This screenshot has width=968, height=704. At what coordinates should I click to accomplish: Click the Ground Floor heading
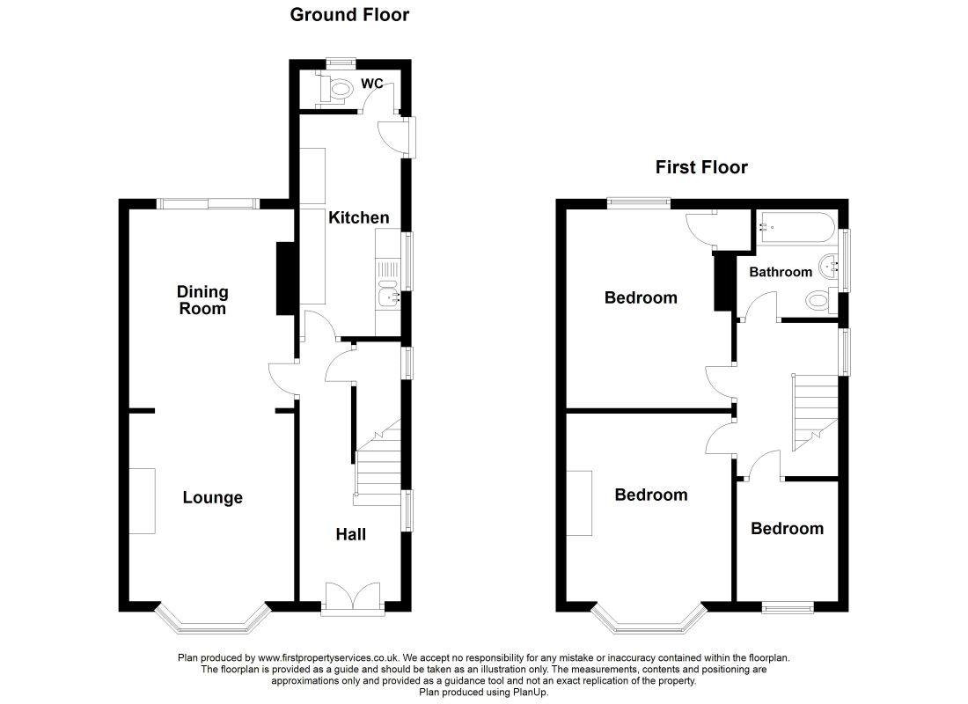(x=349, y=15)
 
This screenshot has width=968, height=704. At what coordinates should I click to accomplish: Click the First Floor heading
(x=701, y=167)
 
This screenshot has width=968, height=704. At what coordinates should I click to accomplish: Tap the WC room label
(x=371, y=84)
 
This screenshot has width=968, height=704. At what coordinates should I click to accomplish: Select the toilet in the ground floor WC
(x=334, y=88)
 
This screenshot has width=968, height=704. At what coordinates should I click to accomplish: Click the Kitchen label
(x=359, y=217)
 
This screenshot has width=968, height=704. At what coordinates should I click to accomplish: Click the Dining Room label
(x=202, y=300)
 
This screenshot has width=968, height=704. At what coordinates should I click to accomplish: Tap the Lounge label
(x=212, y=498)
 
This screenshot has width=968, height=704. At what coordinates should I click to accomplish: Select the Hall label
(x=350, y=534)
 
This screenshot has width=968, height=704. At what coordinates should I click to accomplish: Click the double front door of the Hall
(x=353, y=597)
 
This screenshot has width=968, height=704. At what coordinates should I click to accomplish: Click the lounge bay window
(x=213, y=620)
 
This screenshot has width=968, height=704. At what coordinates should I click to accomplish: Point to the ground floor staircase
(x=378, y=463)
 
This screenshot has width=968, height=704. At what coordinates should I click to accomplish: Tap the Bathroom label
(x=781, y=272)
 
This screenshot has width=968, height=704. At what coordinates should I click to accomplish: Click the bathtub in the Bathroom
(x=796, y=228)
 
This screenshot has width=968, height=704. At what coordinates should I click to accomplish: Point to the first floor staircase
(x=815, y=412)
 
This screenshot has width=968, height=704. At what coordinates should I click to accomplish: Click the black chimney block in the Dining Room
(x=286, y=278)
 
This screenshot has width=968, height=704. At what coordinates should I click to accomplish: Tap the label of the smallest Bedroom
(x=787, y=529)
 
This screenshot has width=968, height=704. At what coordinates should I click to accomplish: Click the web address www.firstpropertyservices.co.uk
(x=328, y=658)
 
